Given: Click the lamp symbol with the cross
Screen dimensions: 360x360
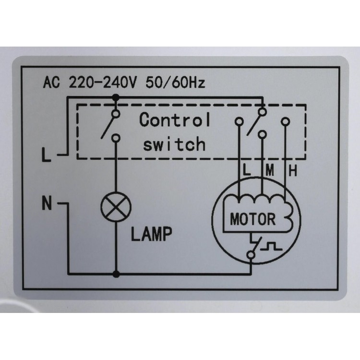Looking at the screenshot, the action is click(116, 207).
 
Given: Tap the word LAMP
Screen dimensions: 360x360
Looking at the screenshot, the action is click(151, 234).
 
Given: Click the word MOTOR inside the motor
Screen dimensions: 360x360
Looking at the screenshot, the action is click(252, 219).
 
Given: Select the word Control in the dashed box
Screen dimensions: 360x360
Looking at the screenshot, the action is click(175, 120).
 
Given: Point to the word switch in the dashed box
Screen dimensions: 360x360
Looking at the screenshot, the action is click(174, 144).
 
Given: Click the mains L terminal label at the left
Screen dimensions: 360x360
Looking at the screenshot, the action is click(46, 155).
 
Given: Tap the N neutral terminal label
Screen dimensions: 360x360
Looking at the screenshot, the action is click(47, 203).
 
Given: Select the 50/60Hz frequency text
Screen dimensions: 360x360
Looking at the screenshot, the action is click(175, 83).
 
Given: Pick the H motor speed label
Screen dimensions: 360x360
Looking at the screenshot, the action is click(293, 171).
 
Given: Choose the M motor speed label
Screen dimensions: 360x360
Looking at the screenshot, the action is click(270, 170).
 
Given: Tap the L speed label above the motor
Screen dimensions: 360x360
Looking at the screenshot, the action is click(247, 170).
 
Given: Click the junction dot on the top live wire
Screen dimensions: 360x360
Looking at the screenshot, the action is click(116, 98).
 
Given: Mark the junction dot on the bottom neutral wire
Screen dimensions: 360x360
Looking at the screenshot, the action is click(116, 274).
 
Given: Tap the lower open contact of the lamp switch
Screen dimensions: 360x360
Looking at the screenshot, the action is click(116, 138).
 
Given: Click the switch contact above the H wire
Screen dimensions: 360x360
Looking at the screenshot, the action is click(286, 121).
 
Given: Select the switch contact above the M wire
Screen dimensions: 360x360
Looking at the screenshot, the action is click(262, 134).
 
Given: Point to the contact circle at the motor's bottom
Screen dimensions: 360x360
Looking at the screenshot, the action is click(251, 255).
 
